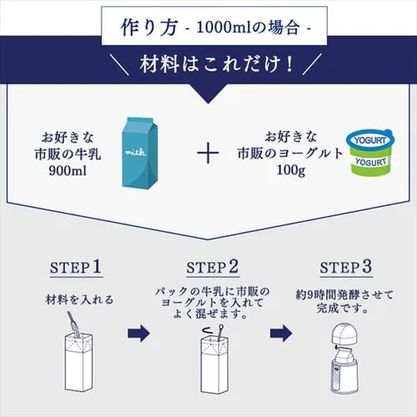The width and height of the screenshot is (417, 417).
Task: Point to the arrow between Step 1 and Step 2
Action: pyautogui.click(x=138, y=336)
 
